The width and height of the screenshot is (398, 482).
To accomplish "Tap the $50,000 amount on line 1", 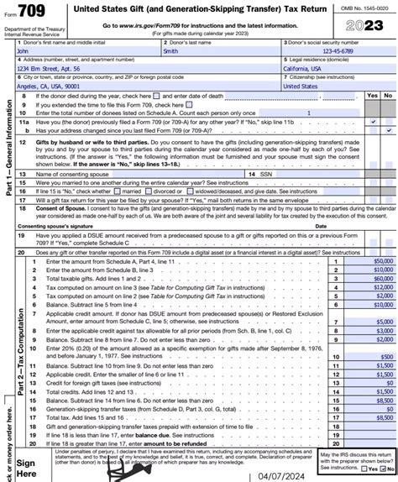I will (x=382, y=262).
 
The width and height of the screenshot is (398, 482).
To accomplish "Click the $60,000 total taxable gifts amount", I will (x=382, y=279).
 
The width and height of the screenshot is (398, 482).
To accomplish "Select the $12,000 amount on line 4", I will (x=382, y=287).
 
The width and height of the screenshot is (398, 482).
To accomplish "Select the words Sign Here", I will (x=26, y=467).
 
